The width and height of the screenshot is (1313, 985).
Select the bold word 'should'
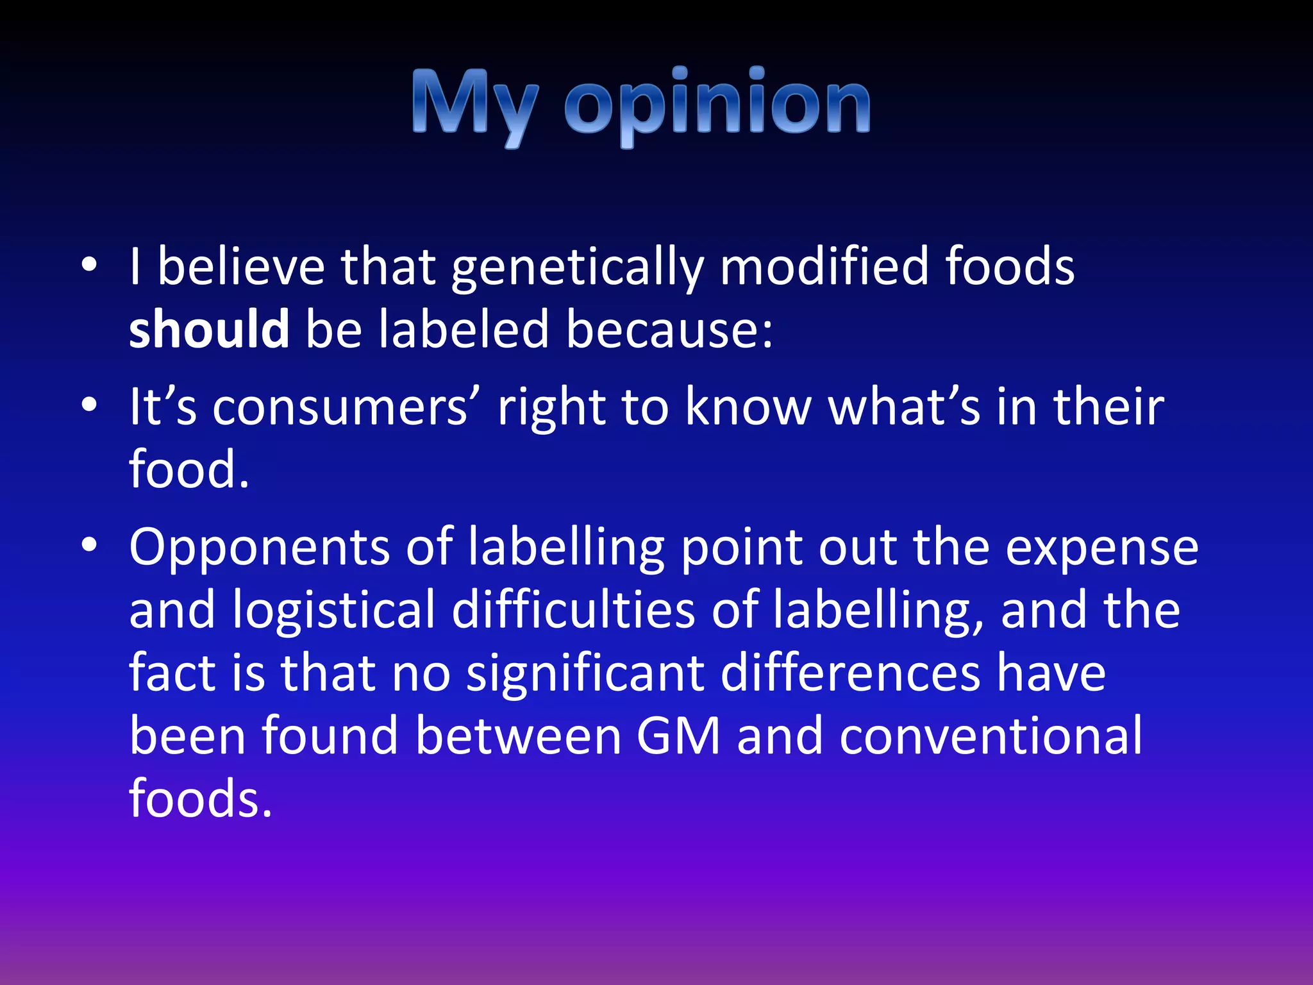pyautogui.click(x=209, y=329)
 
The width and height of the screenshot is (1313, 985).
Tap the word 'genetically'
pyautogui.click(x=577, y=267)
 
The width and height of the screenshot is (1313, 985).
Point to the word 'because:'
pyautogui.click(x=669, y=329)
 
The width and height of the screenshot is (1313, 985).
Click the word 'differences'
pyautogui.click(x=850, y=673)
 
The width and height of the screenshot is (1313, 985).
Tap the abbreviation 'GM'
pyautogui.click(x=678, y=736)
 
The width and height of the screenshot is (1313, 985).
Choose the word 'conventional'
pyautogui.click(x=991, y=736)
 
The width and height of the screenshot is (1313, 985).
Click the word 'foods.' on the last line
pyautogui.click(x=201, y=799)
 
